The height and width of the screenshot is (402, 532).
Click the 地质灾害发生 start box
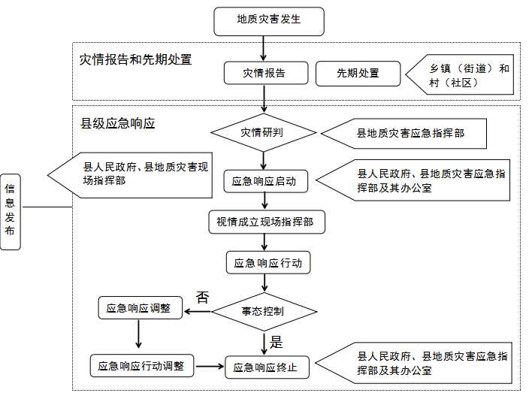(269, 21)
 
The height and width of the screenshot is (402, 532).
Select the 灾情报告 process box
(266, 73)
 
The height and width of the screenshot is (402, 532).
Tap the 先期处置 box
(358, 74)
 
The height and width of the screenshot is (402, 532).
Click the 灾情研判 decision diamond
(264, 133)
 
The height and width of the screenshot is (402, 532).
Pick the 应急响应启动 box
(266, 182)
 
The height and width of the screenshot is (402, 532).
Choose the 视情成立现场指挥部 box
(267, 222)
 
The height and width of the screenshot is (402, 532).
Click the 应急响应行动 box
(268, 263)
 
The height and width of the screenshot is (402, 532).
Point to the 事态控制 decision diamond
(264, 311)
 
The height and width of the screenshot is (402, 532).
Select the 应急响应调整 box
(140, 308)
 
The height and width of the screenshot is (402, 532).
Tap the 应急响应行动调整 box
(142, 366)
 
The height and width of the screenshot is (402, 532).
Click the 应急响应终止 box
(267, 367)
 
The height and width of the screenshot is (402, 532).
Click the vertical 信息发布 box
(11, 212)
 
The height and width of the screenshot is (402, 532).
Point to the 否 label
(202, 298)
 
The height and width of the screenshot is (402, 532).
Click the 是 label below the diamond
(277, 342)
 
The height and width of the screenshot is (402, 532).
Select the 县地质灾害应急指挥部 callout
(404, 133)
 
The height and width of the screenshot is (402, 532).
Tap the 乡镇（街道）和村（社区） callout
(460, 74)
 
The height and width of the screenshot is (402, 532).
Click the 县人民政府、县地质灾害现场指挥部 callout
(130, 175)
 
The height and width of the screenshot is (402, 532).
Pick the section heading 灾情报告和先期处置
(136, 59)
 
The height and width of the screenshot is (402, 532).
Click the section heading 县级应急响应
(118, 123)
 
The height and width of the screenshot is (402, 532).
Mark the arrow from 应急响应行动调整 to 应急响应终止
(210, 367)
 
